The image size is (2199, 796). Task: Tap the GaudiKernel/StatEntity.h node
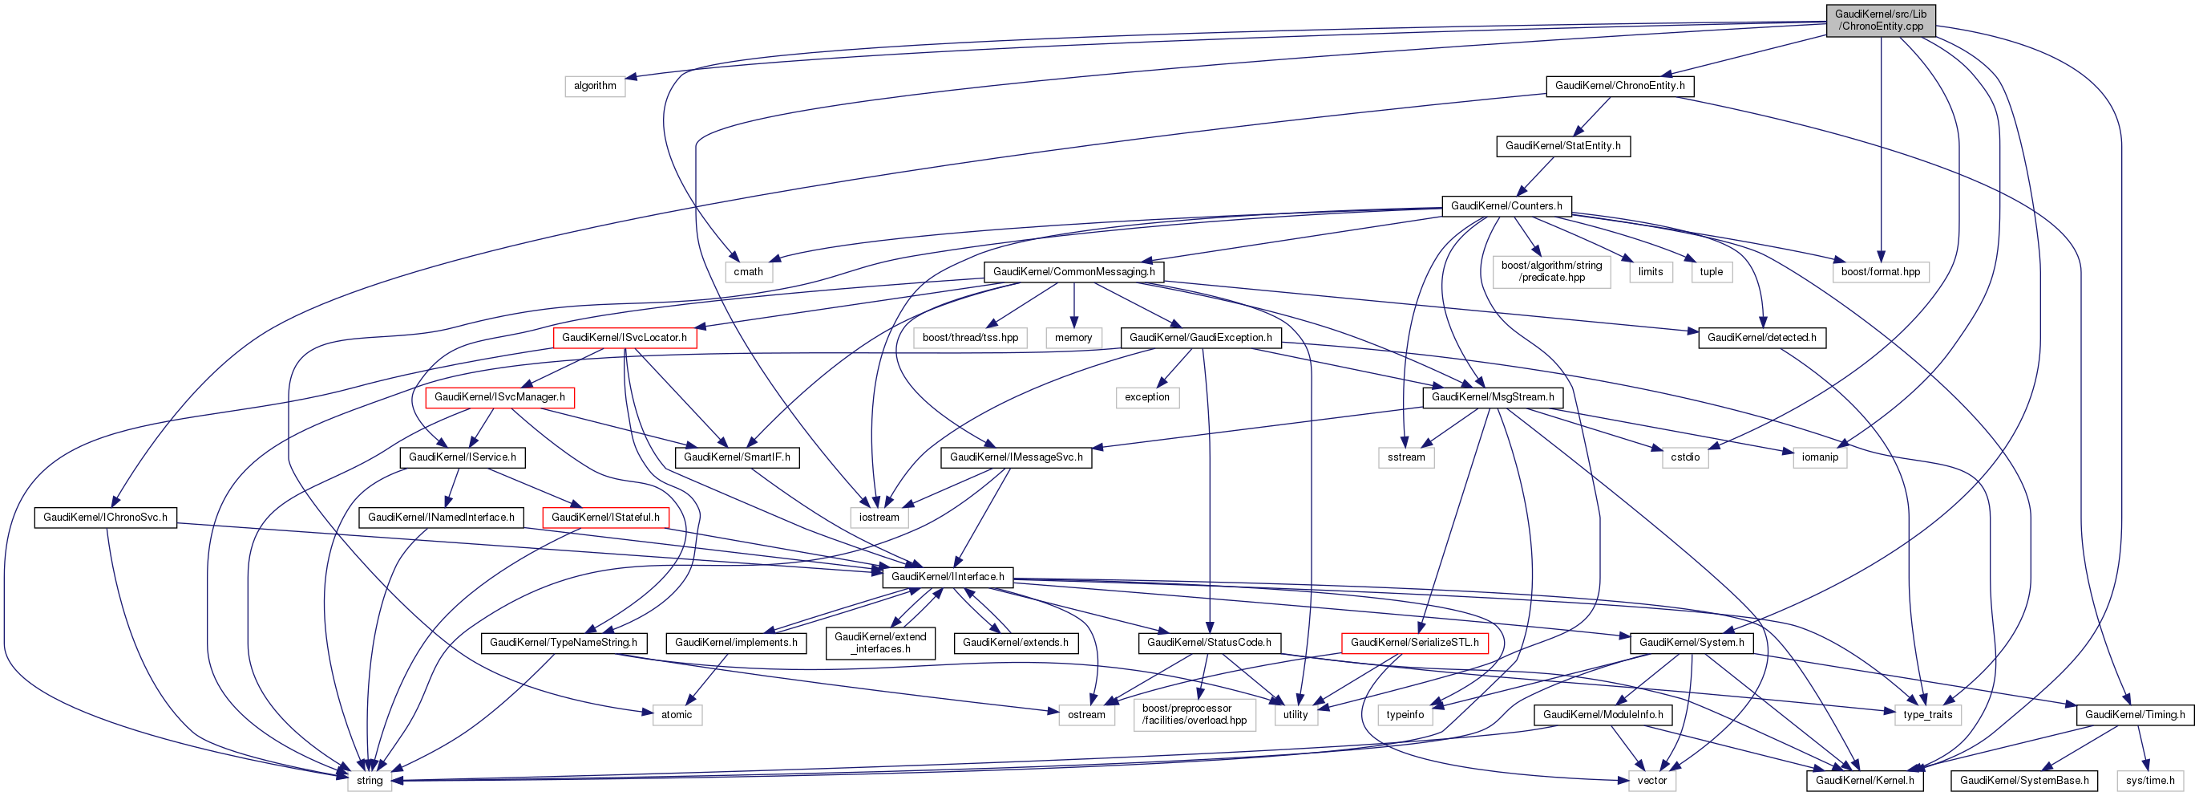pos(1562,146)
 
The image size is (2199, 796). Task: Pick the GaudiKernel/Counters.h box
pos(1506,206)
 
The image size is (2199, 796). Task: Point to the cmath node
pos(748,271)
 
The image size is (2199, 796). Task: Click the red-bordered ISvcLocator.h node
pos(624,337)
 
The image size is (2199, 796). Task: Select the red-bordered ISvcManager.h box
pos(499,397)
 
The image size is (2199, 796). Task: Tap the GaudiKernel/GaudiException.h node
pos(1200,337)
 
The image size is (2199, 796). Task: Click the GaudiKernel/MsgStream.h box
pos(1492,397)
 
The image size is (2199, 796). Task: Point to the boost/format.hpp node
pos(1880,271)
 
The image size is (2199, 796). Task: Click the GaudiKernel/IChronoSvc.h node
pos(105,518)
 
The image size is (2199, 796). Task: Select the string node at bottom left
pos(370,781)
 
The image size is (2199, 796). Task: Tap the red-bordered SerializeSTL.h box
pos(1414,642)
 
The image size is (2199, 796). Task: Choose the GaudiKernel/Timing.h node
pos(2134,715)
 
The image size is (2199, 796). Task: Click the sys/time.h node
pos(2149,781)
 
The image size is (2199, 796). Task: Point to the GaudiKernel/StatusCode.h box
pos(1208,642)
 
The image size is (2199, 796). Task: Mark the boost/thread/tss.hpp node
pos(970,337)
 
